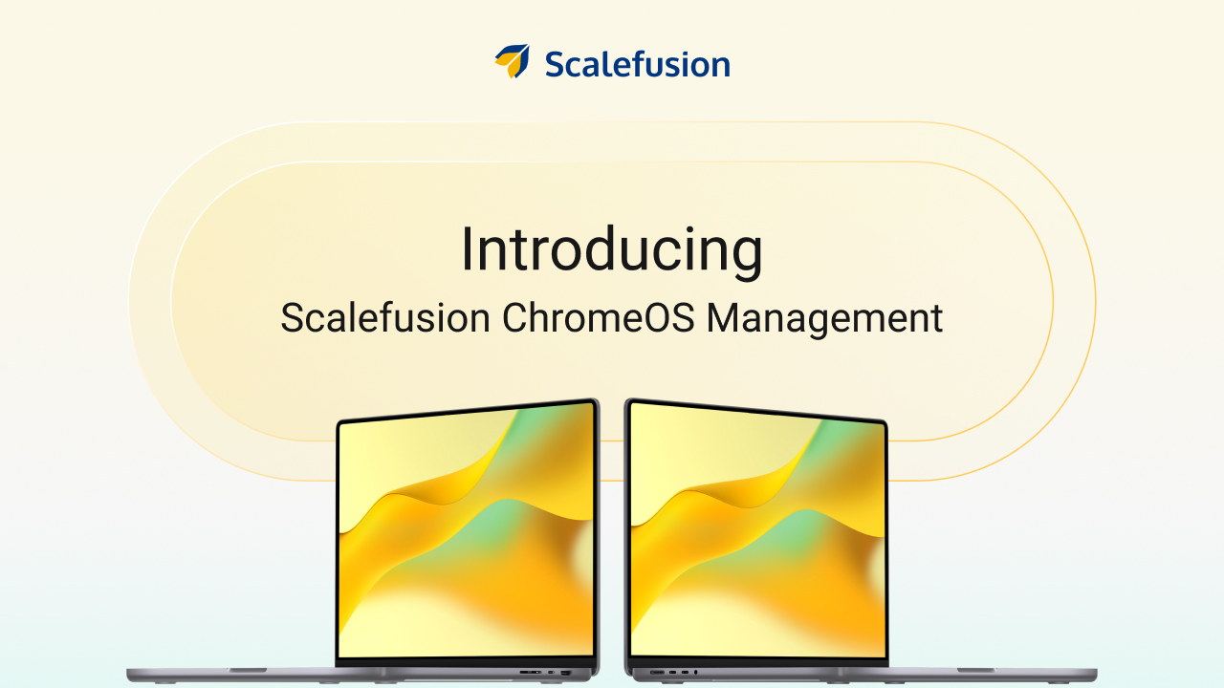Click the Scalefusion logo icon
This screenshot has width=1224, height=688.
[513, 61]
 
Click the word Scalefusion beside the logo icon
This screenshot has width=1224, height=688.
[637, 64]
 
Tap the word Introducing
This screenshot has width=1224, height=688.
[611, 250]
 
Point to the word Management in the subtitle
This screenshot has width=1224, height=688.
[824, 318]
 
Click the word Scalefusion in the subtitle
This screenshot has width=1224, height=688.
[385, 318]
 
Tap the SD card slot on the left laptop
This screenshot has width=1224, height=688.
[528, 674]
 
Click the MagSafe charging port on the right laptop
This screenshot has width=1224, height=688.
[657, 674]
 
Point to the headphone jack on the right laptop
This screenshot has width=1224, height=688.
[695, 674]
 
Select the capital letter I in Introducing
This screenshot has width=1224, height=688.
[467, 250]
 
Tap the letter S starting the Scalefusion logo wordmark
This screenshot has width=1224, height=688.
[555, 64]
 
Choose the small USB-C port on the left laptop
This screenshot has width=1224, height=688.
[550, 674]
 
